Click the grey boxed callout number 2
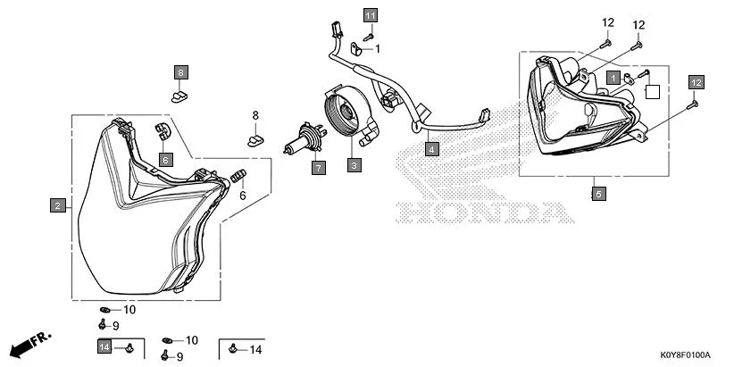coord(57,206)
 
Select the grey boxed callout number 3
coord(354,165)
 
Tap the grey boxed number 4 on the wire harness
coord(431,149)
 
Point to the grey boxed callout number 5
coord(598,192)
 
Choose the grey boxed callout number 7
coord(317,166)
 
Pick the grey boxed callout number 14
coord(104,346)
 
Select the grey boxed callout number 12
coord(696,82)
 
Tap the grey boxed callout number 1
coord(613,78)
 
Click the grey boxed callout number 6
coord(165,159)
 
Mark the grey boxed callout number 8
coord(180,71)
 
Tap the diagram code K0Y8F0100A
coord(685,354)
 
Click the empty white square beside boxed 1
coord(653,89)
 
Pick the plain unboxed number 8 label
coord(254,115)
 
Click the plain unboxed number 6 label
coord(241,196)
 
